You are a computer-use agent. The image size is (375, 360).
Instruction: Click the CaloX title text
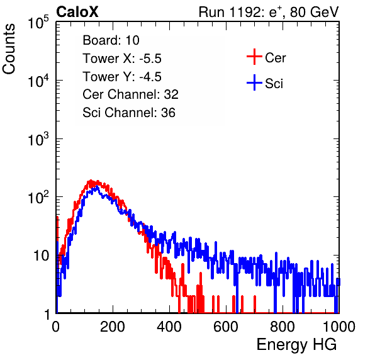pos(77,12)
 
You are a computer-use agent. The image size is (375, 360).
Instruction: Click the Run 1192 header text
pos(269,12)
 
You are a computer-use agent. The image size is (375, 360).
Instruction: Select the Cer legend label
pos(275,58)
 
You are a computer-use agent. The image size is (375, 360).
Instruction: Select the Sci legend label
pos(274,84)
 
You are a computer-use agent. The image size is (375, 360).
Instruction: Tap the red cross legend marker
pos(254,57)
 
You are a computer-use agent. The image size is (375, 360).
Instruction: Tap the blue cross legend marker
pos(254,82)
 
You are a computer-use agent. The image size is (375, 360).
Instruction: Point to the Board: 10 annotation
pos(111,40)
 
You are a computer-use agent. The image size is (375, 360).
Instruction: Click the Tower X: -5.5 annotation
pos(122,59)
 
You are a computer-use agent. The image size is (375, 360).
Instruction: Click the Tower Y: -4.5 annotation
pos(122,77)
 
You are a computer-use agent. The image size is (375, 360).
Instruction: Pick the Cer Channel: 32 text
pos(131,94)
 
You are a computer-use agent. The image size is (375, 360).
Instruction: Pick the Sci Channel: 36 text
pos(129,113)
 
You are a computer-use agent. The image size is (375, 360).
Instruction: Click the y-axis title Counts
pos(9,49)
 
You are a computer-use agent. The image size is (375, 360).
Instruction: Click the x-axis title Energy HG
pos(296,345)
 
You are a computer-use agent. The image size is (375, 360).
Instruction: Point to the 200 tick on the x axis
pos(113,327)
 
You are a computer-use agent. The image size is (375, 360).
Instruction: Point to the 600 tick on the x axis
pos(226,327)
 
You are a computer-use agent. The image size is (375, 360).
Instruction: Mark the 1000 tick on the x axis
pos(339,327)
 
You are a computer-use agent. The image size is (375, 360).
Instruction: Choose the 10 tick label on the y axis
pos(41,256)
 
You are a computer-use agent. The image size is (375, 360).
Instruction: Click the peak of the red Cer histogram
pos(91,181)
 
